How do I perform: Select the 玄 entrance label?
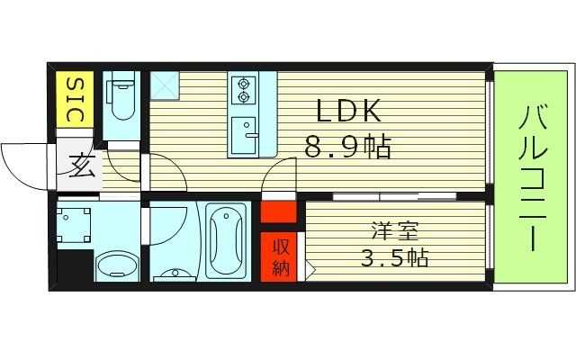pos(81,167)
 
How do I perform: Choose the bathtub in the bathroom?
pos(225,240)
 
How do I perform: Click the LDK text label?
pos(347,112)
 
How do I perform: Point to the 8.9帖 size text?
pos(347,147)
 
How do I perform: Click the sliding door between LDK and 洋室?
pos(393,195)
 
